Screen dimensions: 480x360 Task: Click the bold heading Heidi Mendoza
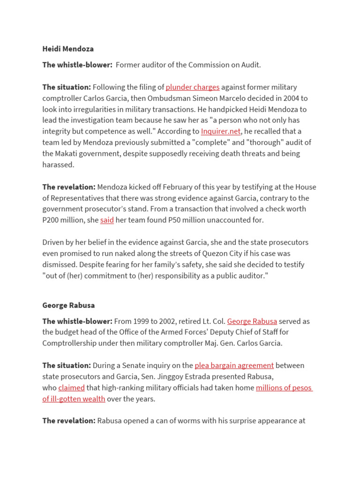click(68, 49)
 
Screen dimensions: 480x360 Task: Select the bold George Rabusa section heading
click(68, 305)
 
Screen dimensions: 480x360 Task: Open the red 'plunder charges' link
click(193, 87)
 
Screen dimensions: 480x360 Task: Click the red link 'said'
click(107, 220)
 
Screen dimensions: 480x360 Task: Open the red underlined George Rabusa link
click(252, 321)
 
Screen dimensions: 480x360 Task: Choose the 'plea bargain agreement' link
click(234, 365)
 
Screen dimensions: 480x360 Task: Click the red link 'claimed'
click(71, 388)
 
